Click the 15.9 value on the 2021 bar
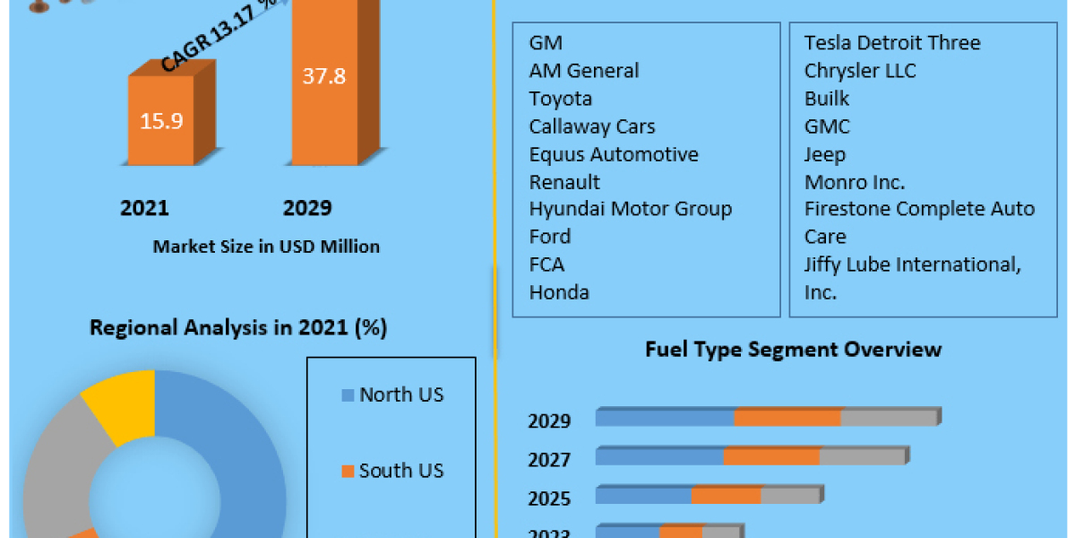(x=161, y=120)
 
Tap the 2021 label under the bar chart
(x=144, y=208)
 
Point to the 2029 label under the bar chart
(x=307, y=208)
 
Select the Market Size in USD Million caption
(x=266, y=247)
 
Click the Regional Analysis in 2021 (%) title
(x=238, y=328)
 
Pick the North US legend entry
(x=400, y=395)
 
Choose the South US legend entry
(x=400, y=471)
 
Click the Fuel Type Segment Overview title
(x=793, y=349)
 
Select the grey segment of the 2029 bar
(x=889, y=418)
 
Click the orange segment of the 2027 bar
(x=771, y=457)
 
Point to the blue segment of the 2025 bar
(x=643, y=496)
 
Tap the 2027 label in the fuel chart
(x=549, y=460)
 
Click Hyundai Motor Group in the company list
(x=630, y=209)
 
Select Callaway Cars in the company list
(x=591, y=126)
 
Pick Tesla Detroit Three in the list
(x=891, y=43)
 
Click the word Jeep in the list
(x=824, y=154)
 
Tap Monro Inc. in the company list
(x=854, y=182)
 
